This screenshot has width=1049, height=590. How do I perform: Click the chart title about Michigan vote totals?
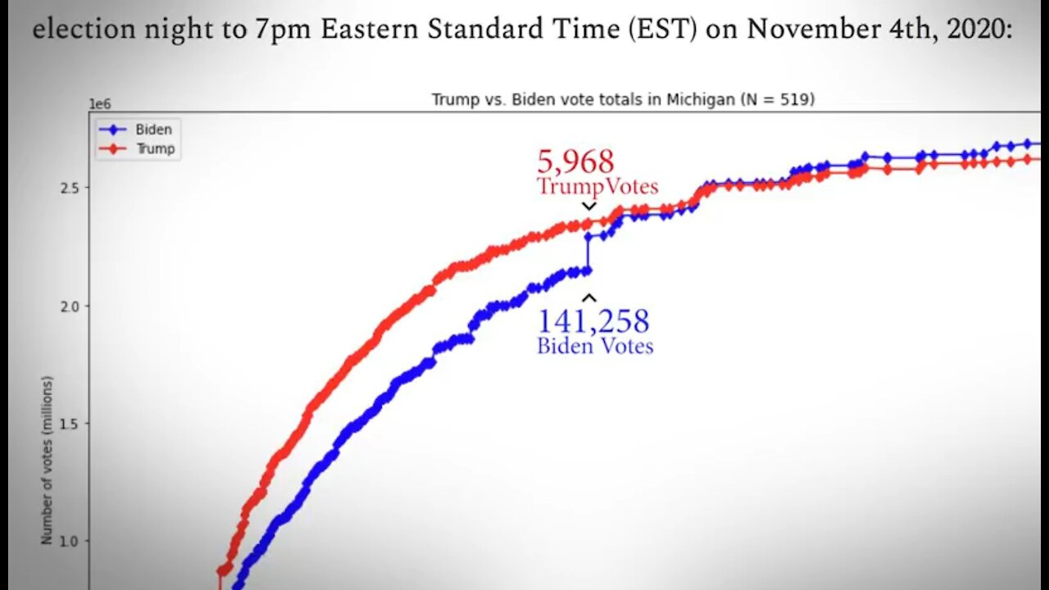(623, 99)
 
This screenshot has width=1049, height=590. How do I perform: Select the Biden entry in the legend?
(153, 129)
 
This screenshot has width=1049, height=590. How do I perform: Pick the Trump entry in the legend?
(155, 148)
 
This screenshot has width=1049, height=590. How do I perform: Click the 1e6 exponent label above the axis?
(99, 104)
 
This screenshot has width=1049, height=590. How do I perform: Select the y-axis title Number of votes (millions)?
(47, 460)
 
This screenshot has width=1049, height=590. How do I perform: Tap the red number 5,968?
(575, 161)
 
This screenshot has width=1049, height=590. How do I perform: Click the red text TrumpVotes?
(597, 186)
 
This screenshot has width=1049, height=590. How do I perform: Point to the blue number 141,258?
(593, 320)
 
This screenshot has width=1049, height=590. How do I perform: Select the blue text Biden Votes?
(595, 346)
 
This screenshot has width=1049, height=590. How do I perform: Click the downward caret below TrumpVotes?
(588, 206)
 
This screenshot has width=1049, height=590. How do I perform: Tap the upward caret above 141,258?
(588, 298)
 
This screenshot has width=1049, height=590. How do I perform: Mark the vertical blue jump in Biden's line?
(587, 253)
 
